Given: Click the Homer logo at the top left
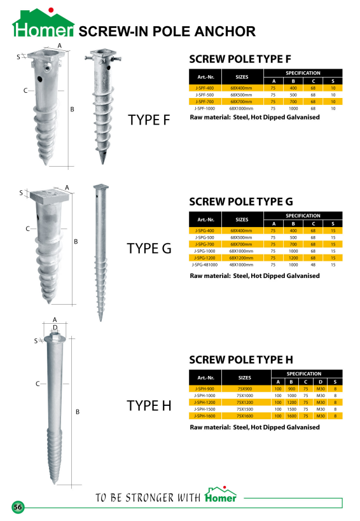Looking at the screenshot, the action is click(x=43, y=22).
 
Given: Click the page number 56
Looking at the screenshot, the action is click(x=18, y=507).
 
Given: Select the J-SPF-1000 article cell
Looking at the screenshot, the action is click(x=205, y=108).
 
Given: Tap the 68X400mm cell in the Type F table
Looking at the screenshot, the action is click(x=242, y=88).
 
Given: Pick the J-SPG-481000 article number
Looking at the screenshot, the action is click(x=205, y=265).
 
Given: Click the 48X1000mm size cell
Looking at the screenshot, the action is click(x=242, y=265).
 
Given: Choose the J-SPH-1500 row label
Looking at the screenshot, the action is click(x=205, y=409).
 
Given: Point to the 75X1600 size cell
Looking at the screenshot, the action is click(x=245, y=416).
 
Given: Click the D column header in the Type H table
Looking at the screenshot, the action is click(x=321, y=382).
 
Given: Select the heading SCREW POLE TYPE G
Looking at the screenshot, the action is click(x=241, y=202).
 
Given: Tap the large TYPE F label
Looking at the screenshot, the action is click(x=149, y=120).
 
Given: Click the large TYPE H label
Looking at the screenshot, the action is click(x=149, y=406).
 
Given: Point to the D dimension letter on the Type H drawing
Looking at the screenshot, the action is click(x=55, y=328).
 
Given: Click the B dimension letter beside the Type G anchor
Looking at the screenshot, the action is click(x=76, y=242).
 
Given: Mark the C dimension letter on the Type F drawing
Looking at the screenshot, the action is click(x=25, y=90).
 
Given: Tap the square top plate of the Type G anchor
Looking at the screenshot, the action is click(x=50, y=196).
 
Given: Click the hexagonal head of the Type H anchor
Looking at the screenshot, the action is click(x=55, y=338).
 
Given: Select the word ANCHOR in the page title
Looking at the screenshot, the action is click(x=225, y=32).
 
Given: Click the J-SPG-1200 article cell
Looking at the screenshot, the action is click(x=205, y=258).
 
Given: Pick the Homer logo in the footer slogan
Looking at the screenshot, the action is click(x=221, y=494).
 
